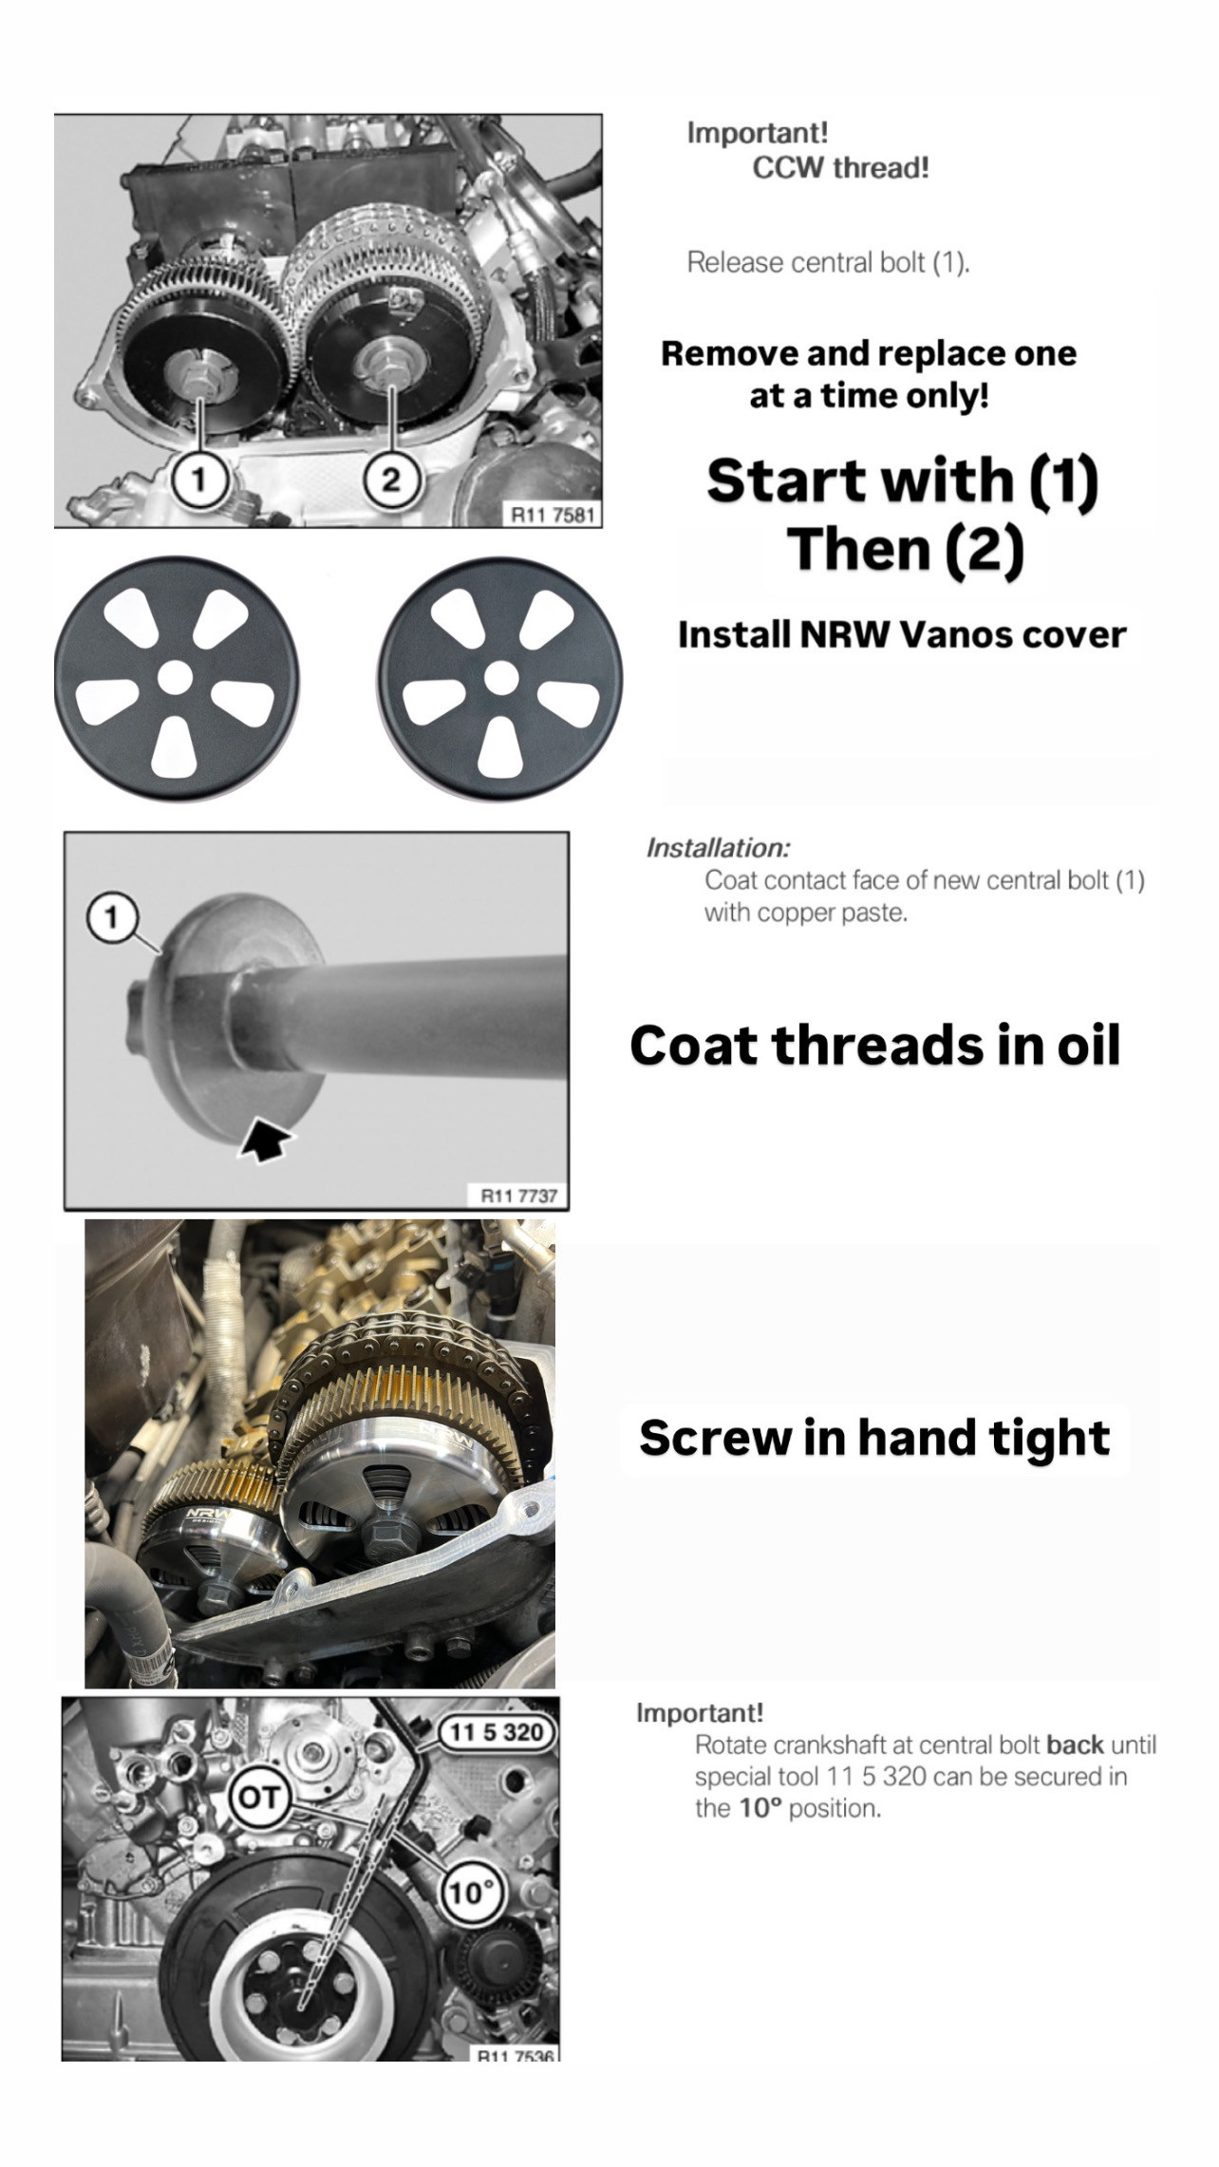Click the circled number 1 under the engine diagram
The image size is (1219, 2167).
(x=199, y=480)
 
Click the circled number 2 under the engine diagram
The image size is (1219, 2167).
(x=391, y=480)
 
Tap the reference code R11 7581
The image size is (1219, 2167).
(x=553, y=515)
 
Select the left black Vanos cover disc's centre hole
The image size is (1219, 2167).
(x=174, y=677)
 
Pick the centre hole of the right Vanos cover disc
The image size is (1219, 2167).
(x=500, y=677)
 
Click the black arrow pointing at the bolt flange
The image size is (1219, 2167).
(x=268, y=1139)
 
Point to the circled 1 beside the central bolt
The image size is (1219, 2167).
(x=111, y=918)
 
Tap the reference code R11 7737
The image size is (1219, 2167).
(x=518, y=1196)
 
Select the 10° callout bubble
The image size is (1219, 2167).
(x=468, y=1893)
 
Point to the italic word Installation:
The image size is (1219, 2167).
(x=718, y=848)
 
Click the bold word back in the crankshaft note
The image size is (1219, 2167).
(x=1075, y=1744)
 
